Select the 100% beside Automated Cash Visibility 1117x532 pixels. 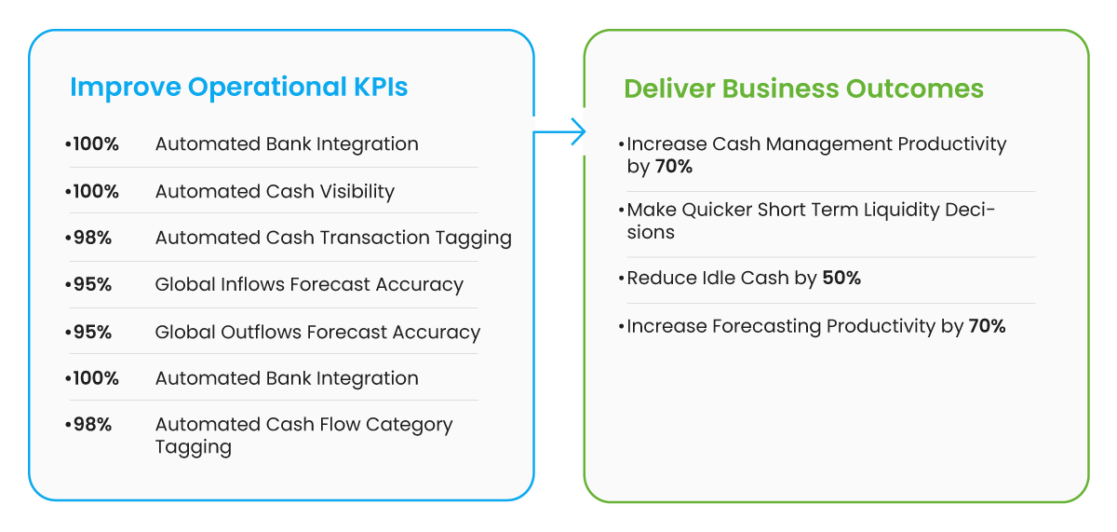(x=94, y=192)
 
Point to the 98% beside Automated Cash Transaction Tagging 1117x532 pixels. (x=90, y=238)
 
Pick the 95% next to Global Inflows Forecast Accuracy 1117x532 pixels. (x=90, y=285)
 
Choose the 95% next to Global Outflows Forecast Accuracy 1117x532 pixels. (x=90, y=332)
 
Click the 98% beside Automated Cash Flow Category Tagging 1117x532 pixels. (x=90, y=425)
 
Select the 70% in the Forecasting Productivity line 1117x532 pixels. (x=987, y=326)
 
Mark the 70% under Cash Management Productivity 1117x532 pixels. (x=673, y=167)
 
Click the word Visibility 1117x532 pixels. (x=355, y=192)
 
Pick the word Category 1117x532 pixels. (x=409, y=425)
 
